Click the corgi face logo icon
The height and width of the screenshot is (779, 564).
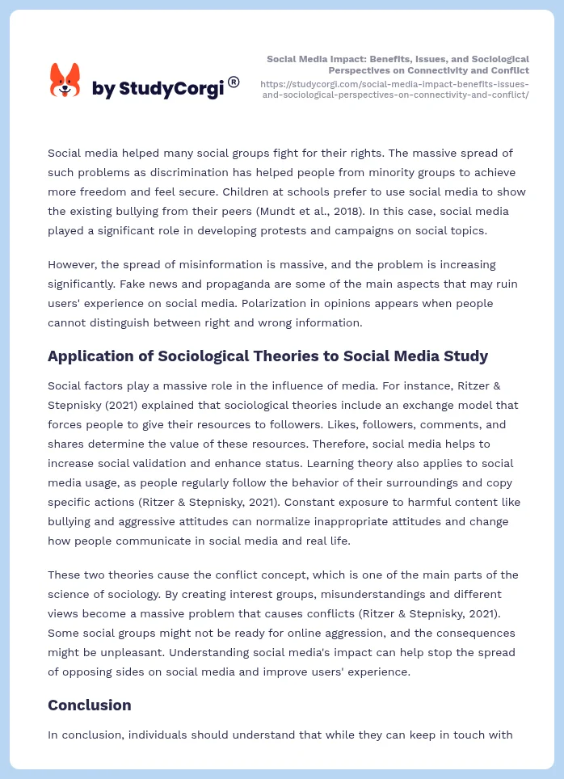tap(65, 81)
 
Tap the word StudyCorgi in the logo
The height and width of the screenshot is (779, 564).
tap(171, 88)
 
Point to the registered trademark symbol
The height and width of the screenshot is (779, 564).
tap(234, 82)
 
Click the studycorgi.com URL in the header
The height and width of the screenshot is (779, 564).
tap(394, 89)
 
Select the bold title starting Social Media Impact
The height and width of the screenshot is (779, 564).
tap(398, 65)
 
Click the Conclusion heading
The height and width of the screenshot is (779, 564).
tap(89, 705)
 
